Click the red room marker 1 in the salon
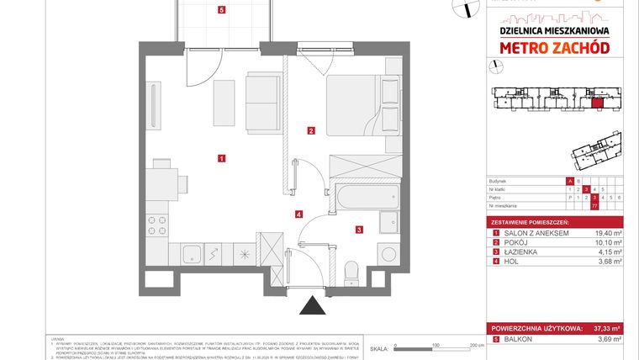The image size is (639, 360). tap(220, 157)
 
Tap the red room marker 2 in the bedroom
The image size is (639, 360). tap(311, 130)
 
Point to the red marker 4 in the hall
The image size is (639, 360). tap(298, 214)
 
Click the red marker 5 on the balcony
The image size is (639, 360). tap(221, 11)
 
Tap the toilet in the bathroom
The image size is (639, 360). tap(352, 271)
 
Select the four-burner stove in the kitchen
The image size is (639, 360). tap(156, 225)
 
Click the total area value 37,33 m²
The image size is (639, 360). tap(605, 328)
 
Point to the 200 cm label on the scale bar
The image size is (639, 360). tap(476, 345)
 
